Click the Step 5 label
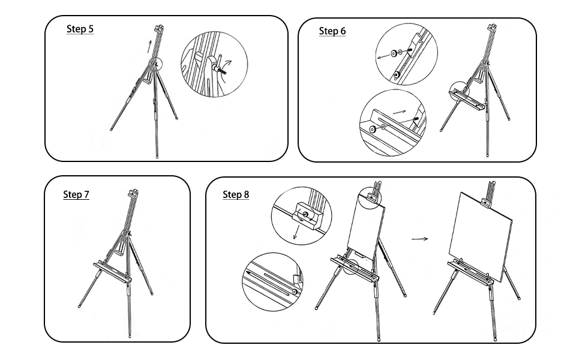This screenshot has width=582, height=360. tap(80, 29)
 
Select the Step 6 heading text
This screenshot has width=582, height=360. tap(332, 31)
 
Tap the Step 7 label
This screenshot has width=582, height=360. tap(76, 194)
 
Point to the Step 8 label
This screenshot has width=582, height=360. tap(236, 194)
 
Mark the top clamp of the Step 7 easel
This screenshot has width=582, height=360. tap(133, 194)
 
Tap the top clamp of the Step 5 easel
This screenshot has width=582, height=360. tap(159, 28)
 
